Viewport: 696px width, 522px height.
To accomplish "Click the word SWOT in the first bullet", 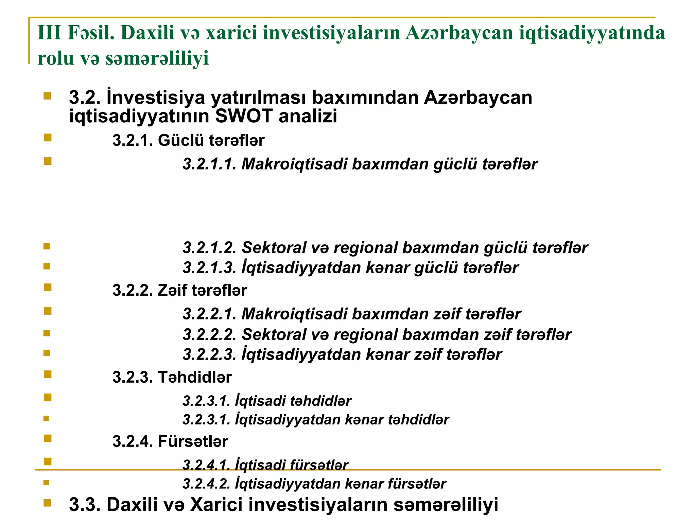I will [x=244, y=116].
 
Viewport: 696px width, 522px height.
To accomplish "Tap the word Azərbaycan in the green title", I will [x=459, y=33].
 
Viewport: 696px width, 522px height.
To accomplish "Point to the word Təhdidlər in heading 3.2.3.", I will [x=195, y=377].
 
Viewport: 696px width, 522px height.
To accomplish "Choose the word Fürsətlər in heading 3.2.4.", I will [x=193, y=441].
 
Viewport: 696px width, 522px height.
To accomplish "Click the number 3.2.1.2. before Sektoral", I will [x=209, y=248].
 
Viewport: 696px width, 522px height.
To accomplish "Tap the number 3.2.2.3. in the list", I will [x=209, y=354].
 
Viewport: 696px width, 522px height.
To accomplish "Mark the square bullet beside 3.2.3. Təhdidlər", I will [x=48, y=375].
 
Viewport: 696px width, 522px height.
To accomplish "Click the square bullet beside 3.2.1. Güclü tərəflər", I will [x=48, y=138].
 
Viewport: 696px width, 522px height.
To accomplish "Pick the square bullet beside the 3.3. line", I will [x=48, y=503].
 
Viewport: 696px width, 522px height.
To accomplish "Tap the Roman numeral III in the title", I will [x=49, y=33].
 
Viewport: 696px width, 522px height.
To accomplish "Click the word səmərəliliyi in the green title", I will [x=157, y=58].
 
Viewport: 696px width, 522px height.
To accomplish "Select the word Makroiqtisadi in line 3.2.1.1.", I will [x=294, y=164].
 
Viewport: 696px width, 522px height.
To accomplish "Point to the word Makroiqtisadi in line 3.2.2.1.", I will [x=294, y=314].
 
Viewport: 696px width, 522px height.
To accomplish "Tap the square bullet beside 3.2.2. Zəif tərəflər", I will [x=48, y=288].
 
